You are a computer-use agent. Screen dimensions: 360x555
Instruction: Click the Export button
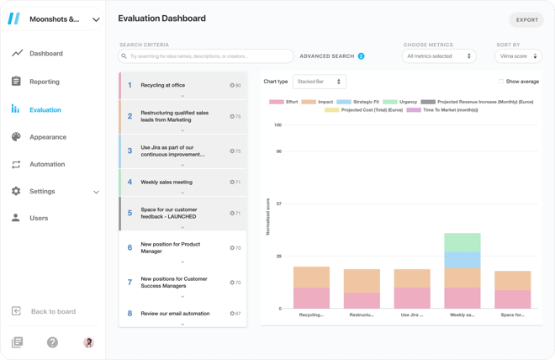click(526, 19)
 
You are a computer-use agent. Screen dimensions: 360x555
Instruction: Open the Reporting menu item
click(45, 82)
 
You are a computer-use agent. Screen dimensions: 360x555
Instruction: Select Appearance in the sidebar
click(47, 137)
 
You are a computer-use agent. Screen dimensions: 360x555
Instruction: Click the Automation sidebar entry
click(46, 164)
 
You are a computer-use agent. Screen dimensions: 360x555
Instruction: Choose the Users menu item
click(39, 218)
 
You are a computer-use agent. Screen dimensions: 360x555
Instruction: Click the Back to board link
click(53, 311)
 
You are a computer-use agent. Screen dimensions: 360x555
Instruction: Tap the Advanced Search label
click(327, 56)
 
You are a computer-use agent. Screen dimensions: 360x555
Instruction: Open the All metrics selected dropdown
click(439, 56)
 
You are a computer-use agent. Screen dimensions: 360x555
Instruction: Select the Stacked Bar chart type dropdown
click(319, 82)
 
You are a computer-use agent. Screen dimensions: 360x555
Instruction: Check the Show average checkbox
click(501, 82)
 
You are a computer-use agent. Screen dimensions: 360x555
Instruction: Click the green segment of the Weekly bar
click(462, 242)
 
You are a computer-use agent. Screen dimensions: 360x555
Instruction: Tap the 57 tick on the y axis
click(278, 204)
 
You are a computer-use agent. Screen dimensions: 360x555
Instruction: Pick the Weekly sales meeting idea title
click(166, 182)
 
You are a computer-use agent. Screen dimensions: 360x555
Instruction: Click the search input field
click(206, 56)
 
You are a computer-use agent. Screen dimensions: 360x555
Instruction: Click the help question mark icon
click(52, 342)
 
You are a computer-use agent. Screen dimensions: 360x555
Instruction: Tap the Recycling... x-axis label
click(311, 315)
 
